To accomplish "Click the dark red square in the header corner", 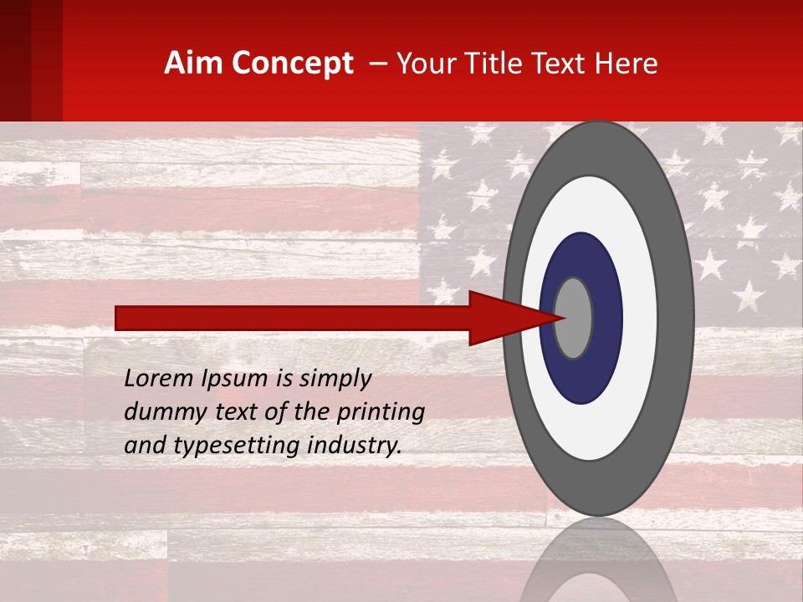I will pos(31,60).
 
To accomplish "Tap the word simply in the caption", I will pos(334,379).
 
